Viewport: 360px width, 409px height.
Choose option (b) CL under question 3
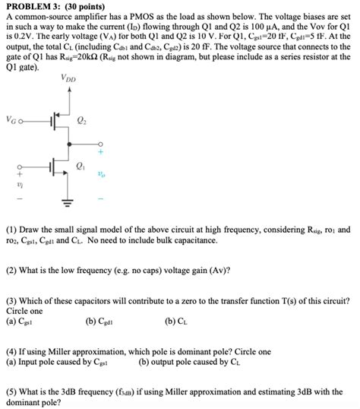(176, 321)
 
